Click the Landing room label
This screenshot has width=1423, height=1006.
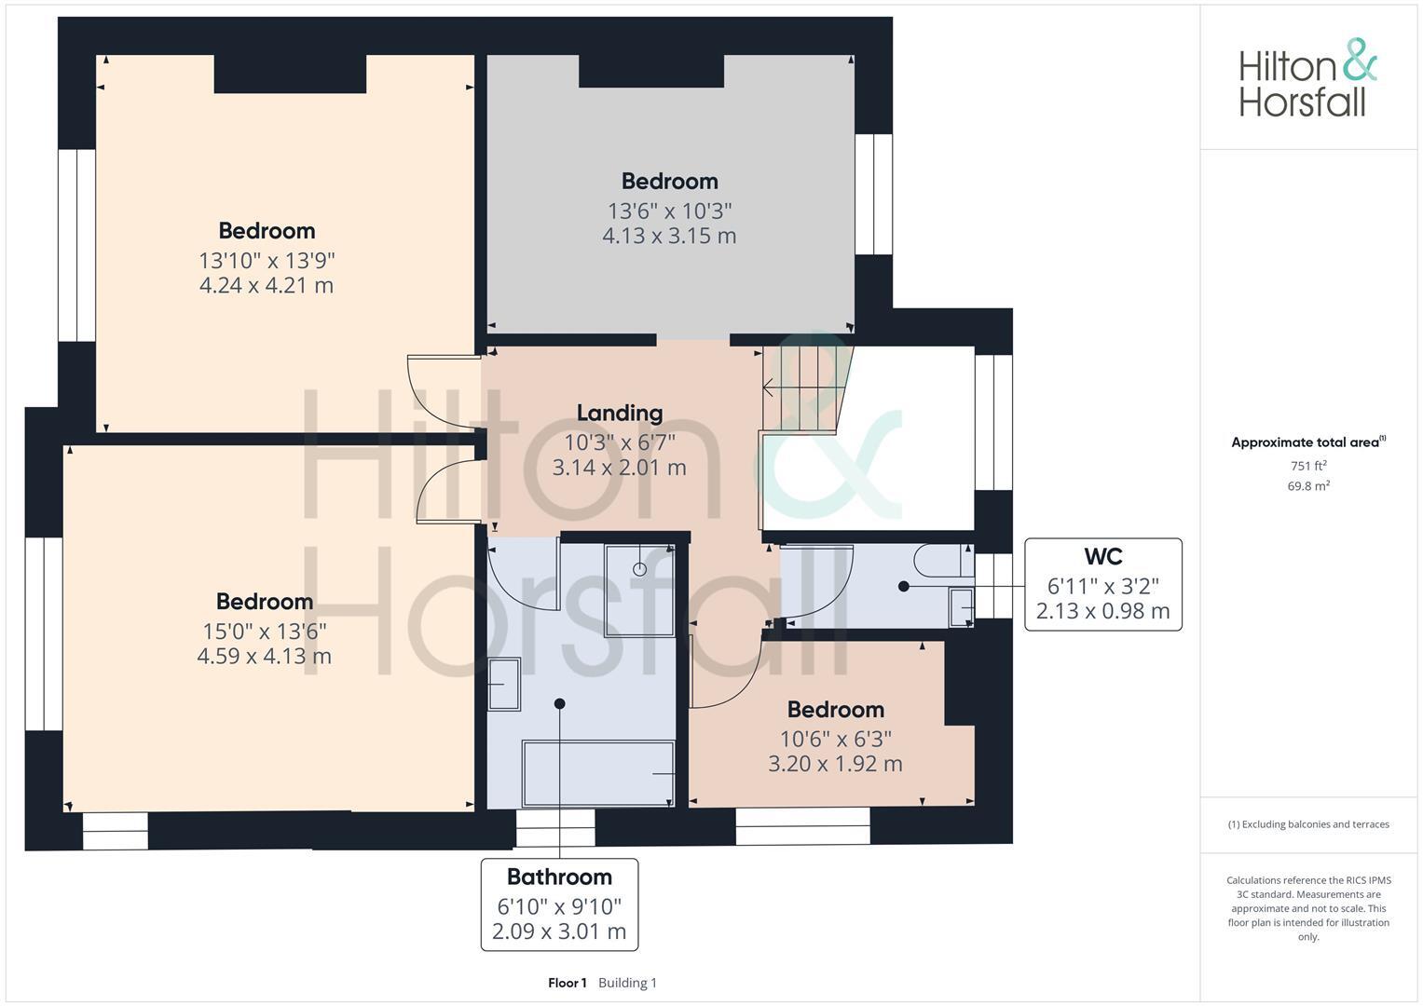pyautogui.click(x=619, y=413)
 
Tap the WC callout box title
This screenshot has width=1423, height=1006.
pyautogui.click(x=1102, y=557)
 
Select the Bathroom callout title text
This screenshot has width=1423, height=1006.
pyautogui.click(x=559, y=877)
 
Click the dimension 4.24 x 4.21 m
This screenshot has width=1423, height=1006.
pyautogui.click(x=267, y=285)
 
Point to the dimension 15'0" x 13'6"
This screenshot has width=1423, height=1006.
pyautogui.click(x=265, y=632)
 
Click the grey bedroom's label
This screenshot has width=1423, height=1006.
pyautogui.click(x=669, y=182)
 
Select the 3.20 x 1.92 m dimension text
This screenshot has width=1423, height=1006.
pyautogui.click(x=835, y=764)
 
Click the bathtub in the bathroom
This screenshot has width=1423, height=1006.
pyautogui.click(x=598, y=773)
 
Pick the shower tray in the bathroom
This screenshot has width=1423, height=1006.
pyautogui.click(x=639, y=590)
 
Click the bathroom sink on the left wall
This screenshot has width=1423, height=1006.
pyautogui.click(x=504, y=685)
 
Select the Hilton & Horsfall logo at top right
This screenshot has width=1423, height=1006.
pyautogui.click(x=1307, y=78)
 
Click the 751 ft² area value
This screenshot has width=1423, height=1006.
pyautogui.click(x=1307, y=466)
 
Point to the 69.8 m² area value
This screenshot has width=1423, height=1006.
pyautogui.click(x=1307, y=486)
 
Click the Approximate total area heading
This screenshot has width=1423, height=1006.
pyautogui.click(x=1307, y=442)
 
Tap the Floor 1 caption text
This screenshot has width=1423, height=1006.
pyautogui.click(x=567, y=983)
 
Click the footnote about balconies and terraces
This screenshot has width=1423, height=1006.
pyautogui.click(x=1307, y=824)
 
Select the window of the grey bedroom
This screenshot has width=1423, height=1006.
pyautogui.click(x=873, y=194)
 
